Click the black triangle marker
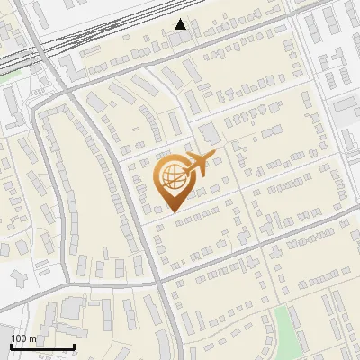pyautogui.click(x=181, y=24)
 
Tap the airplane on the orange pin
pyautogui.click(x=199, y=164)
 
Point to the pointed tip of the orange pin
pyautogui.click(x=171, y=212)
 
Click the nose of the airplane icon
pyautogui.click(x=214, y=154)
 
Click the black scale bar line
pyautogui.click(x=41, y=347)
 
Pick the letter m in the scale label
pyautogui.click(x=33, y=338)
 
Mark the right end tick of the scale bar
pyautogui.click(x=74, y=346)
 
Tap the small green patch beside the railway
pyautogui.click(x=11, y=76)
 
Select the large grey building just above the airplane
pyautogui.click(x=209, y=134)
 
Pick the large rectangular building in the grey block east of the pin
pyautogui.click(x=346, y=112)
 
